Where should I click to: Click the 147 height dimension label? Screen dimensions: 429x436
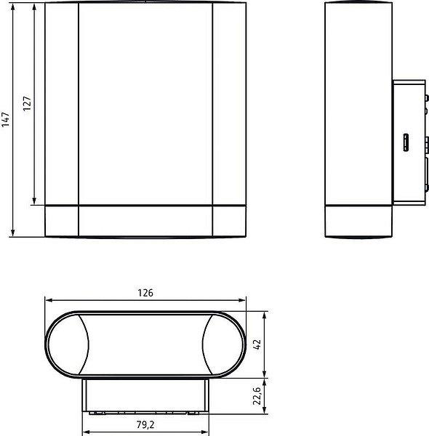6,120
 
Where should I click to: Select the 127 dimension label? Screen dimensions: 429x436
27,103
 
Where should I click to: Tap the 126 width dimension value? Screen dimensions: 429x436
145,293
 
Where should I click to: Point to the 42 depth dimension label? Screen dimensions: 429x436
257,344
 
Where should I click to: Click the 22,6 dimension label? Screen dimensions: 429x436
257,396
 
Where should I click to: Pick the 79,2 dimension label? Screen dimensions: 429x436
145,424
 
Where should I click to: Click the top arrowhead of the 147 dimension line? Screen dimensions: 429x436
13,7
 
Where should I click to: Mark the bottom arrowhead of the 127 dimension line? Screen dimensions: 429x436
34,201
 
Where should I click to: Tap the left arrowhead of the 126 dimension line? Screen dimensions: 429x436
49,300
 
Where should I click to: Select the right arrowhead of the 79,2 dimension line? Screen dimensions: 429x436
204,432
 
